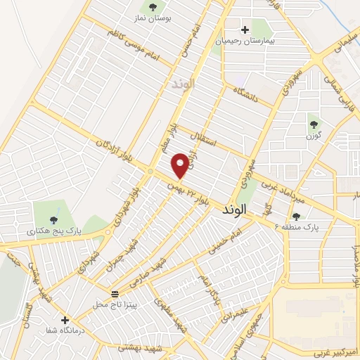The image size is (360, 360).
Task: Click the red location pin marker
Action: (180, 166)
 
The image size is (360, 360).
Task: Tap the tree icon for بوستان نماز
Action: (153, 8)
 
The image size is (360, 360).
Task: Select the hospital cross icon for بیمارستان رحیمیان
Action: (245, 30)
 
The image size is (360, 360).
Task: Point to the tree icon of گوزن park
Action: (314, 124)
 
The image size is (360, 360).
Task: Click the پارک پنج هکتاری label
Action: (50, 230)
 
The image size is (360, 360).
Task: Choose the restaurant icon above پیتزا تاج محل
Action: (115, 293)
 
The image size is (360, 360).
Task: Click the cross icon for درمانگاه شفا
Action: (65, 320)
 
